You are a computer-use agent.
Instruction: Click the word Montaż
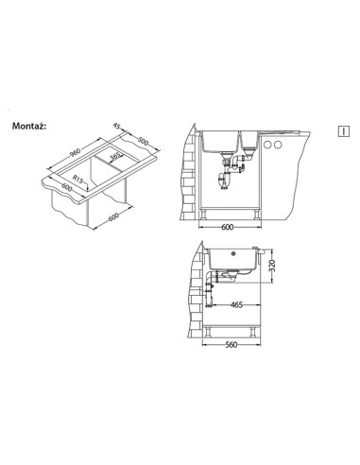(29, 127)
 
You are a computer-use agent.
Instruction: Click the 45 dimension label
(117, 126)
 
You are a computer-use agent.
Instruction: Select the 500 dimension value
(144, 142)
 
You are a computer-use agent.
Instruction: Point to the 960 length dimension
(75, 152)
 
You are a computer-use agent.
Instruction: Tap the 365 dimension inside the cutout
(115, 157)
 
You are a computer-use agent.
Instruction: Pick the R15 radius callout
(77, 180)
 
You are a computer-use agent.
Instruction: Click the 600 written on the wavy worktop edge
(67, 187)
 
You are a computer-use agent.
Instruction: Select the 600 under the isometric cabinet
(113, 217)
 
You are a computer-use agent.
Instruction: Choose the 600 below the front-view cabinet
(227, 227)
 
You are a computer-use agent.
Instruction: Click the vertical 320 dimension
(273, 266)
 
